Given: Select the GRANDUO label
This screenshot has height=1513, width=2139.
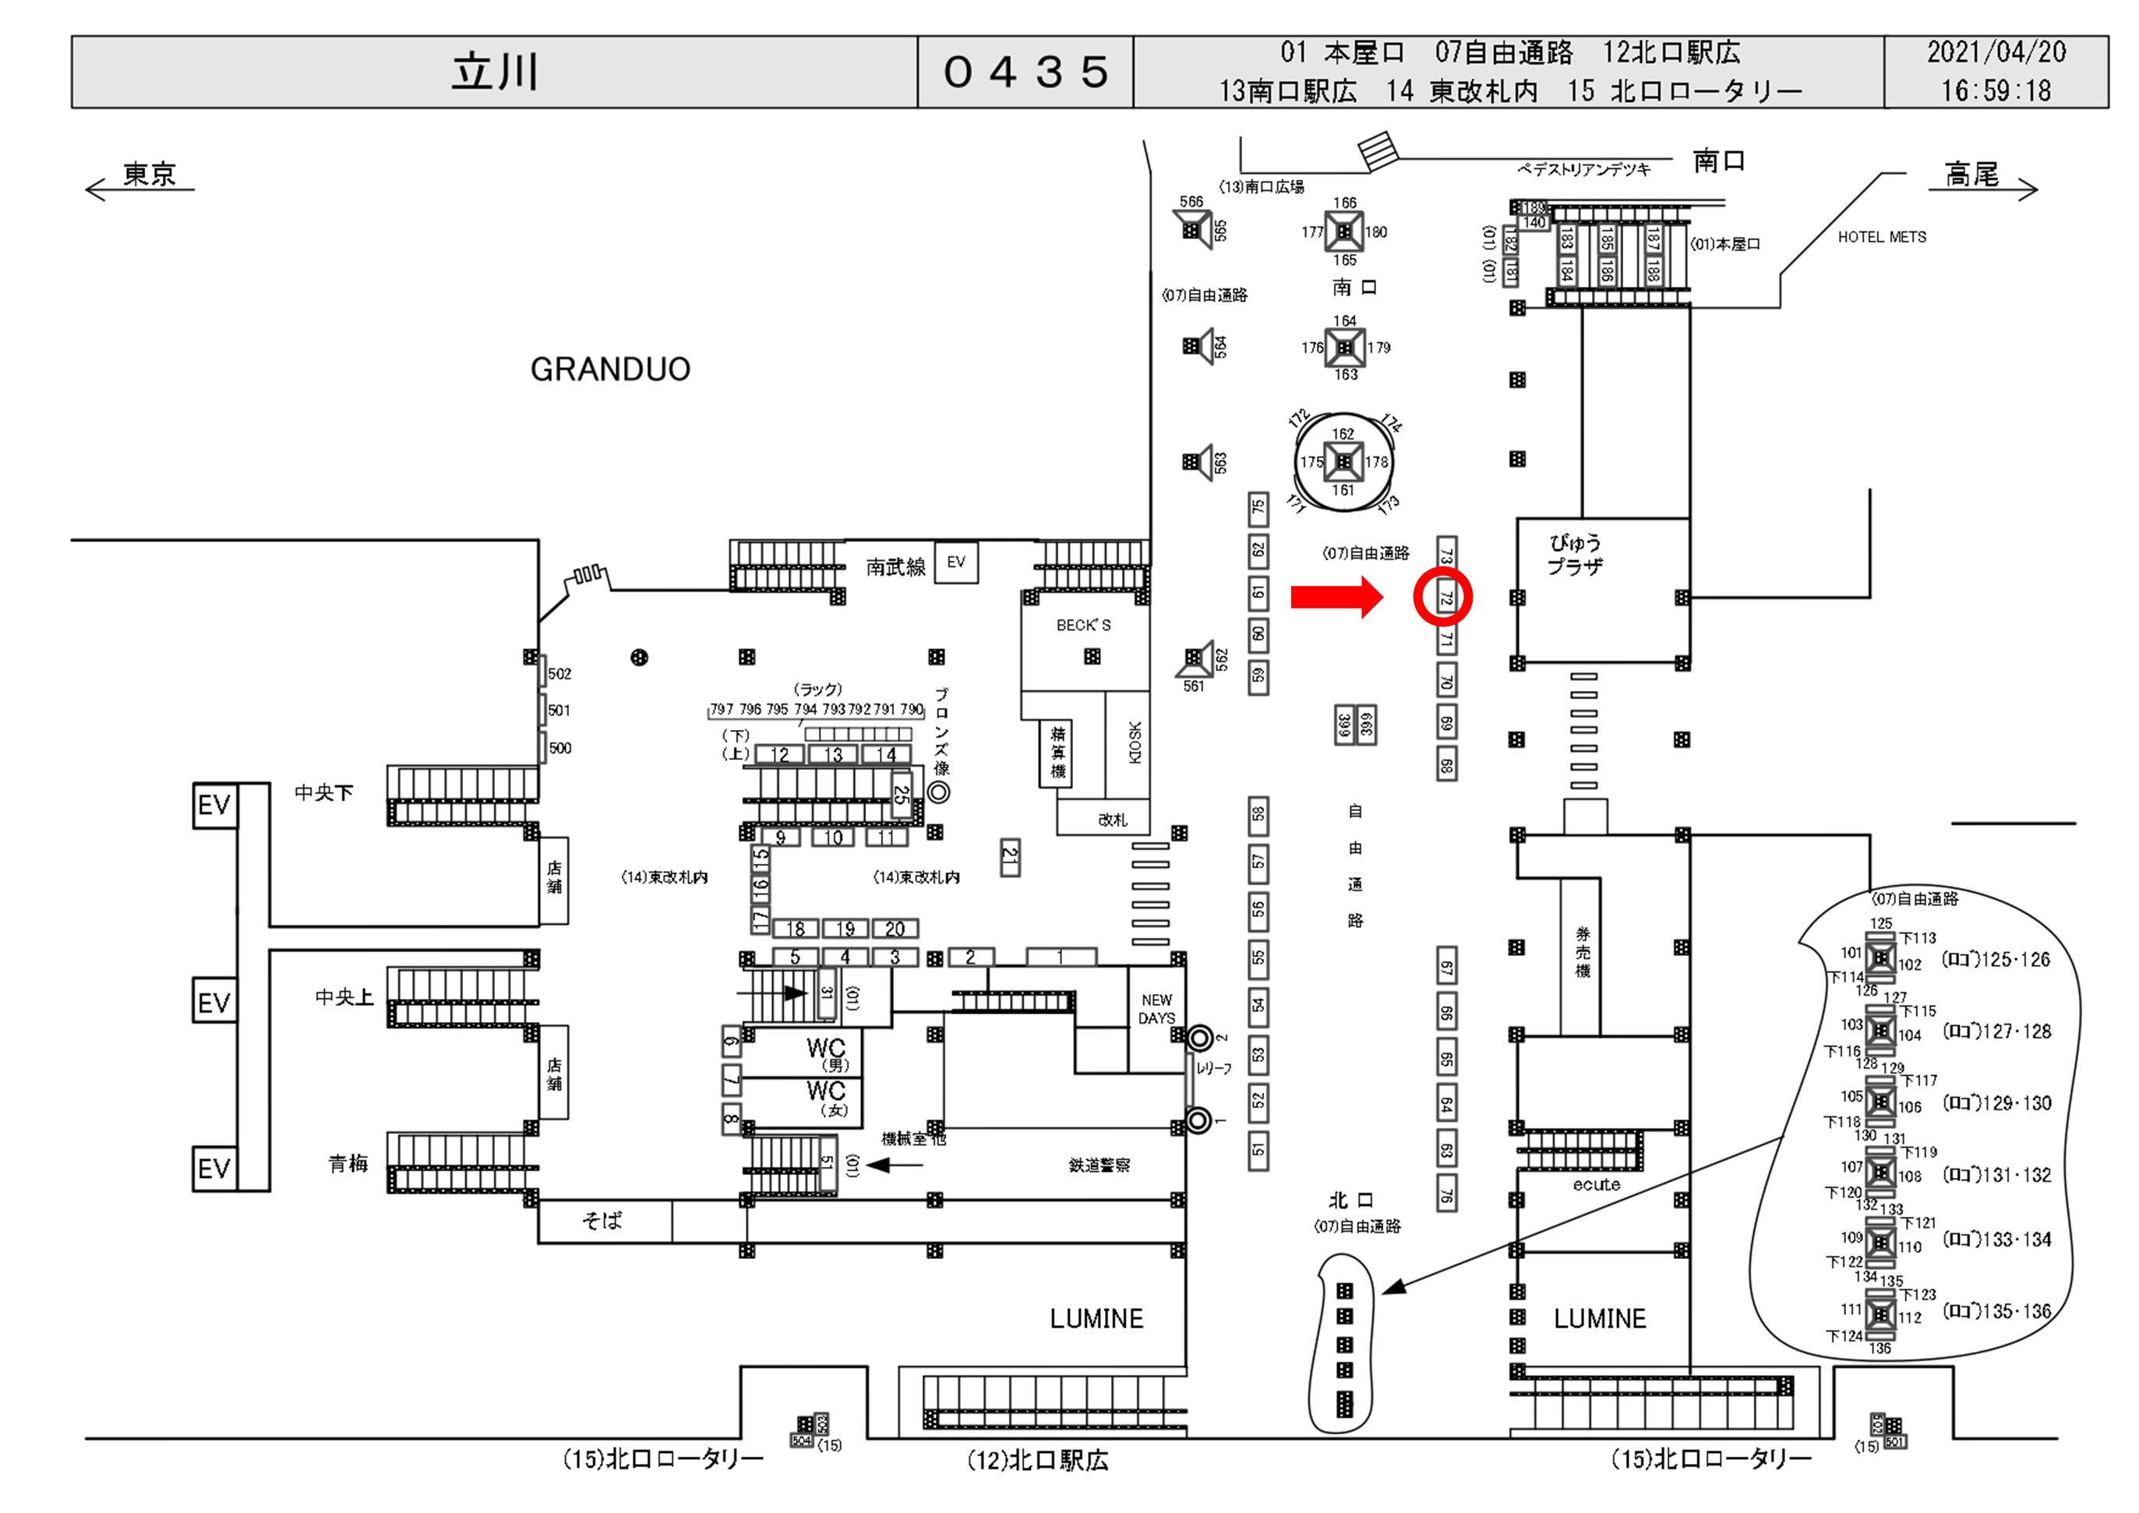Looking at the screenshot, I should (x=610, y=370).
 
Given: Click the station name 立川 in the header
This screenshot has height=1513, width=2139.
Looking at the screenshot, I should (x=495, y=72).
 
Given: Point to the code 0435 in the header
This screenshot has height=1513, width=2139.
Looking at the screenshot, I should (x=1025, y=72).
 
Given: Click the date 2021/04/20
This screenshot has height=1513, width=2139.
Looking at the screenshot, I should (x=1996, y=52).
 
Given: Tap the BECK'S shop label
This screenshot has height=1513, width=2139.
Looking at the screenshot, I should (x=1083, y=625).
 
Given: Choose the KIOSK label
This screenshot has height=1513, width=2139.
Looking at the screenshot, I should (x=1134, y=742).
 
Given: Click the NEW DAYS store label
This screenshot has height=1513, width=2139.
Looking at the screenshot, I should (x=1156, y=1009).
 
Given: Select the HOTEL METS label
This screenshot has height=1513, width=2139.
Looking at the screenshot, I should (x=1881, y=238).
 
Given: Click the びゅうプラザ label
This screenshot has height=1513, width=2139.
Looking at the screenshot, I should (x=1574, y=555).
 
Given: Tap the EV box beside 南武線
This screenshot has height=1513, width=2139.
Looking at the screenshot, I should (x=956, y=562).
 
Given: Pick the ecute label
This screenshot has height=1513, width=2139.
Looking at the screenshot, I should (x=1596, y=1185).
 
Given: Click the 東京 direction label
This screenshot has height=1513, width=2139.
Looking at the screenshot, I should (x=149, y=175).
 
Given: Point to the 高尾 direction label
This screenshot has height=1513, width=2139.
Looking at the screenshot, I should (x=1971, y=175).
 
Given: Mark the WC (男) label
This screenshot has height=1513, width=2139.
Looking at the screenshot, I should (x=826, y=1053).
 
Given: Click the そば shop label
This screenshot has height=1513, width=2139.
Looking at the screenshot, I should (x=602, y=1221).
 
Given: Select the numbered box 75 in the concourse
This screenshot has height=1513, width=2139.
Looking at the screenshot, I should (x=1258, y=509).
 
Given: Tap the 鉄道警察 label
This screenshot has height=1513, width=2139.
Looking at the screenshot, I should (x=1099, y=1165).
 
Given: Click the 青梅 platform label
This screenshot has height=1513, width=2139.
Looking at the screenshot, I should (x=348, y=1164).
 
